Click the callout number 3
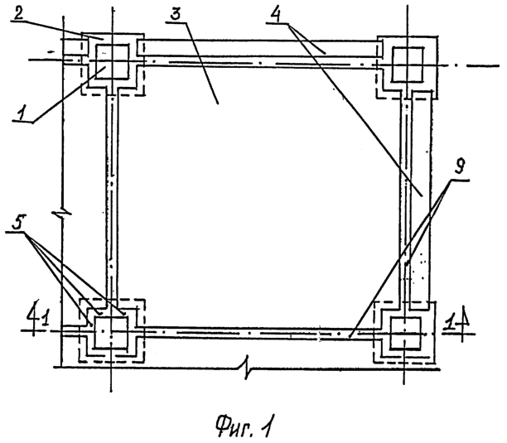click(176, 15)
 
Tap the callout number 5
click(19, 222)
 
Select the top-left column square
click(112, 62)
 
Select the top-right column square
click(407, 65)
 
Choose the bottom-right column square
click(406, 334)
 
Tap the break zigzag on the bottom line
click(248, 367)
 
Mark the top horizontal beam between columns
click(260, 54)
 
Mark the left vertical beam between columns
click(113, 198)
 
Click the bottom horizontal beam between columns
click(258, 333)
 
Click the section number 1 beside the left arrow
click(46, 320)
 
